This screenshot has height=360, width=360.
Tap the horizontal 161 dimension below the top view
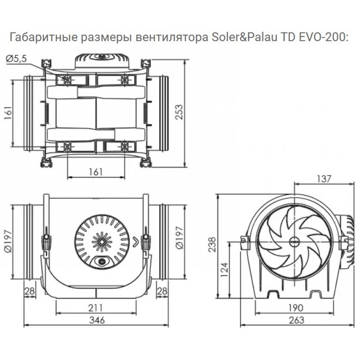pos(96,172)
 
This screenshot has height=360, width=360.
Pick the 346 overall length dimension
pos(96,320)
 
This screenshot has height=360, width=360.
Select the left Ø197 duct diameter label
pos(8,242)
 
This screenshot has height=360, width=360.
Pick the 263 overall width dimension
pos(296,320)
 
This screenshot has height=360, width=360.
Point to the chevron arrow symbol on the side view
pos(135,242)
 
